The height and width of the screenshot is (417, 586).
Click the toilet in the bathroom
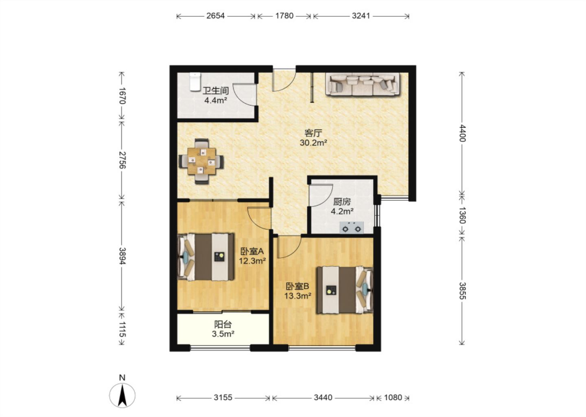click(x=195, y=82)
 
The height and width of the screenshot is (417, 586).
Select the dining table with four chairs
click(x=201, y=161)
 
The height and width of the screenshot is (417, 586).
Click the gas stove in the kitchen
click(x=352, y=228)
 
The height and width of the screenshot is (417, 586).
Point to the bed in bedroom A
click(x=206, y=257)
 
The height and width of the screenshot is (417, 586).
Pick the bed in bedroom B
click(x=345, y=290)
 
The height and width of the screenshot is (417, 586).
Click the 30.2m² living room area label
click(x=313, y=143)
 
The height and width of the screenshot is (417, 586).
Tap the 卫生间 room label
click(x=216, y=91)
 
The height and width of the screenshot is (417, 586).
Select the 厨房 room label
click(x=342, y=202)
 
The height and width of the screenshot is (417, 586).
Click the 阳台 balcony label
click(x=223, y=325)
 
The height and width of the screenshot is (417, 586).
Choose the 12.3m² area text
click(x=252, y=261)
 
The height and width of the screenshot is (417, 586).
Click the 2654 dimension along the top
click(x=216, y=16)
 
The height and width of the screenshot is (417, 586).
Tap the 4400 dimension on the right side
click(x=463, y=133)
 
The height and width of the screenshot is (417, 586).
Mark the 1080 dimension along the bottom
click(x=393, y=397)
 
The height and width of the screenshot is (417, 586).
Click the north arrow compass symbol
click(x=122, y=395)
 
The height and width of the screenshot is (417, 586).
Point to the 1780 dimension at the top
click(x=284, y=16)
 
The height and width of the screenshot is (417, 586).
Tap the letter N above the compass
click(x=122, y=377)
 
